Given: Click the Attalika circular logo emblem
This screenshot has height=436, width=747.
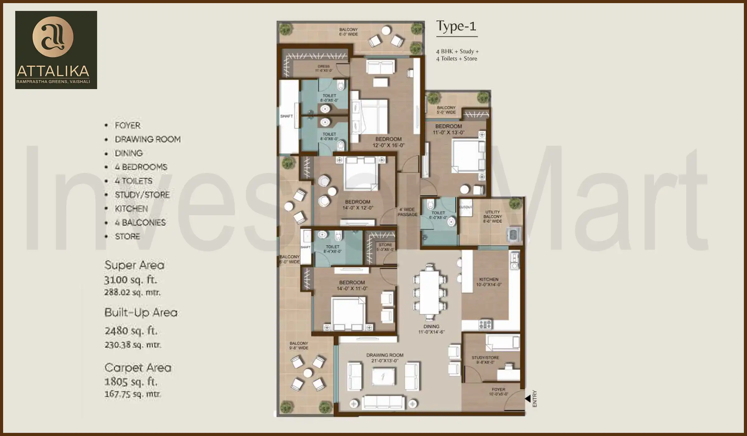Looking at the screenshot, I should pos(53,37).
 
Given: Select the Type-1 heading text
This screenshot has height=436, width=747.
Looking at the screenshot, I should pos(456,26).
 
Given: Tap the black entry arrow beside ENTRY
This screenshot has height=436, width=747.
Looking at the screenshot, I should pos(528,398).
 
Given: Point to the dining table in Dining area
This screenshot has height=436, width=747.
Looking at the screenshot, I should pos(429,293).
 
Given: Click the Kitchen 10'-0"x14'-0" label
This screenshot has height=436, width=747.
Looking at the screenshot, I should pos(489,282).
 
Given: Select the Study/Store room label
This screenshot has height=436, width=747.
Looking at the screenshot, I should pos(485,360).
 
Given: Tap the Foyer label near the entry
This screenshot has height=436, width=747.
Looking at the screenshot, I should pos(498,391).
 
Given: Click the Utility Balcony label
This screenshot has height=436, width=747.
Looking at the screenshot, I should pos(492,216).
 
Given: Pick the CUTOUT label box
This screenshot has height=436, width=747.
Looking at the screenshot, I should pos(466,207).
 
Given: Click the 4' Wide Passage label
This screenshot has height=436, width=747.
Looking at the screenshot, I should pos(407,212).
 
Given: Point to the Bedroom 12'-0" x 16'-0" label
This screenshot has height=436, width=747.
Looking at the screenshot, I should pos(388,142).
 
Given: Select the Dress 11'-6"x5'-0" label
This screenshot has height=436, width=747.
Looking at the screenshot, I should pos(324,68).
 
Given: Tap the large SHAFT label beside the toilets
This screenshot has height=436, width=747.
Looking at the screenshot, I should pos(286,116).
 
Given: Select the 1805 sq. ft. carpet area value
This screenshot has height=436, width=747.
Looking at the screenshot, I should pos(131,381).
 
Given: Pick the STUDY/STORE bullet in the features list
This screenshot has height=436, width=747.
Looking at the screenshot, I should pos(142,195).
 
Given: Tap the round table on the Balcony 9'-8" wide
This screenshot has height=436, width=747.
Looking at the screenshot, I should pos(308,373).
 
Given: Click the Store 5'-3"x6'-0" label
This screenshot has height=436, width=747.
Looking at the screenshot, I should pos(385,247).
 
